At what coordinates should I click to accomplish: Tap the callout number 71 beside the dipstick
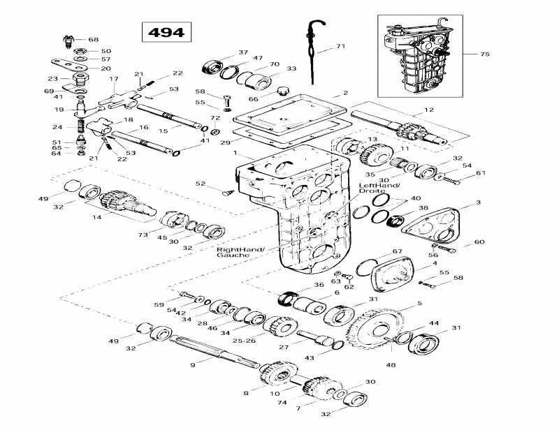340,47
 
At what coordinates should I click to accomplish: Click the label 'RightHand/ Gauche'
235,252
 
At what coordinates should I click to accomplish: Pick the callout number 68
94,39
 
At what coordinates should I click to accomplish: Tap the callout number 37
243,52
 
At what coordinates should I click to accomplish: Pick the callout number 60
479,242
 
